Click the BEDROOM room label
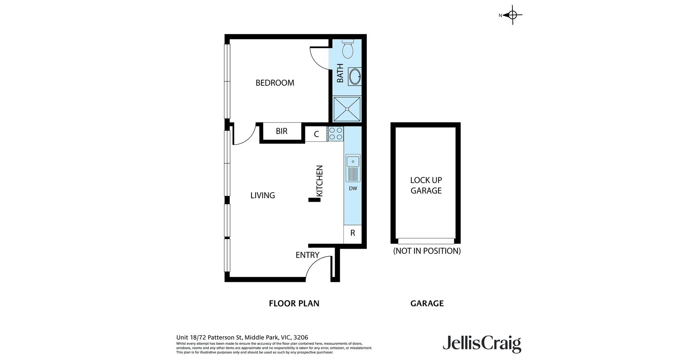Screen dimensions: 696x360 pos(275,83)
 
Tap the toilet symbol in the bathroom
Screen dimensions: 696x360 pos(348,48)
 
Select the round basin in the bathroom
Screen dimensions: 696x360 pos(354,76)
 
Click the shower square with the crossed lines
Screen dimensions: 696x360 pos(347,109)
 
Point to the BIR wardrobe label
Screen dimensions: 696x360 pos(282,131)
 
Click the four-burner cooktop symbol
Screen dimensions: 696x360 pos(335,134)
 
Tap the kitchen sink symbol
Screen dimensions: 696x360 pos(353,168)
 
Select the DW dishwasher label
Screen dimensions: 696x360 pos(353,188)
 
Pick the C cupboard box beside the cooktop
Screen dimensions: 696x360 pos(316,134)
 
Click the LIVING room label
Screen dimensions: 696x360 pos(263,195)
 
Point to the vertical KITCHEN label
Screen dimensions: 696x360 pos(320,181)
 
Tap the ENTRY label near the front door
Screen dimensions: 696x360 pos(308,255)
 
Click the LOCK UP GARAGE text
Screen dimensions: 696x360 pos(426,185)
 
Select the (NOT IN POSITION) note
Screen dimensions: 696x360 pos(427,251)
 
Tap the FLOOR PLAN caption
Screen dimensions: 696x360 pos(294,304)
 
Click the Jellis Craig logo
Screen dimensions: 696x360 pos(482,344)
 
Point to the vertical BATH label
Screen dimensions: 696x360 pos(340,73)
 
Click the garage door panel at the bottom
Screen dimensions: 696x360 pos(426,241)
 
